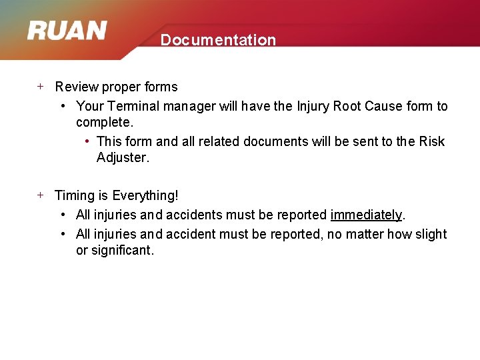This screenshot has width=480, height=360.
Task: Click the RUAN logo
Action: pos(67,31)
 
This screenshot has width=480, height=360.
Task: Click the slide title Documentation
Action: pos(218,40)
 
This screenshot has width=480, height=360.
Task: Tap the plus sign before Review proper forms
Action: pos(40,86)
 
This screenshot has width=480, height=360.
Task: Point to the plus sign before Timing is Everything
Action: pos(40,195)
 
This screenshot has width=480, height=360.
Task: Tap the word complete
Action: pos(105,123)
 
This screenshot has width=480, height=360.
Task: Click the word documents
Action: pos(273,141)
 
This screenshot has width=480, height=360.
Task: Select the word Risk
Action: pos(431,141)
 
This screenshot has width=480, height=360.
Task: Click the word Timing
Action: pos(75,195)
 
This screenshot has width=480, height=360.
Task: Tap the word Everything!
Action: pos(145,195)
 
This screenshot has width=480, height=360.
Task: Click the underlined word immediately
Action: pos(366,215)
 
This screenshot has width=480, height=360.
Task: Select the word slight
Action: pos(431,234)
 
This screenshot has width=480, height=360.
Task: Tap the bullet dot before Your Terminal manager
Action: pos(62,106)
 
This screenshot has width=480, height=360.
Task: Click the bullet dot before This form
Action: pos(88,141)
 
